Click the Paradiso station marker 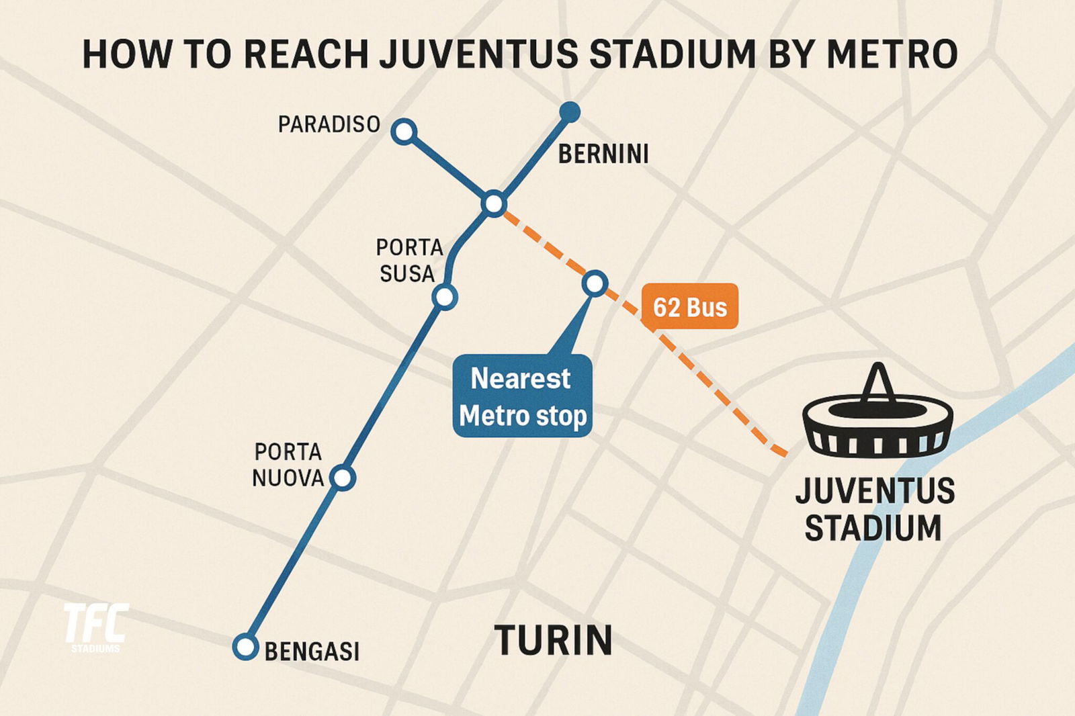404,132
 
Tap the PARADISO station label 329,124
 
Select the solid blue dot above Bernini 570,112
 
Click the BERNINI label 603,154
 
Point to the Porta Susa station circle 445,296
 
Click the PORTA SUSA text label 408,261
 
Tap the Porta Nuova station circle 343,478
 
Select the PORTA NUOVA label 288,465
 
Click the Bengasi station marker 245,647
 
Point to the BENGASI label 312,652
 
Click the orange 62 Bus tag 690,307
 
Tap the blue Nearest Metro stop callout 522,396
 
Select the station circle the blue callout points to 595,283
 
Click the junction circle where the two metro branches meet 494,203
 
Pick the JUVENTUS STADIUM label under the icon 875,509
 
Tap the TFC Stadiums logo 95,627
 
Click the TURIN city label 554,640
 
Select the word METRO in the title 892,54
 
